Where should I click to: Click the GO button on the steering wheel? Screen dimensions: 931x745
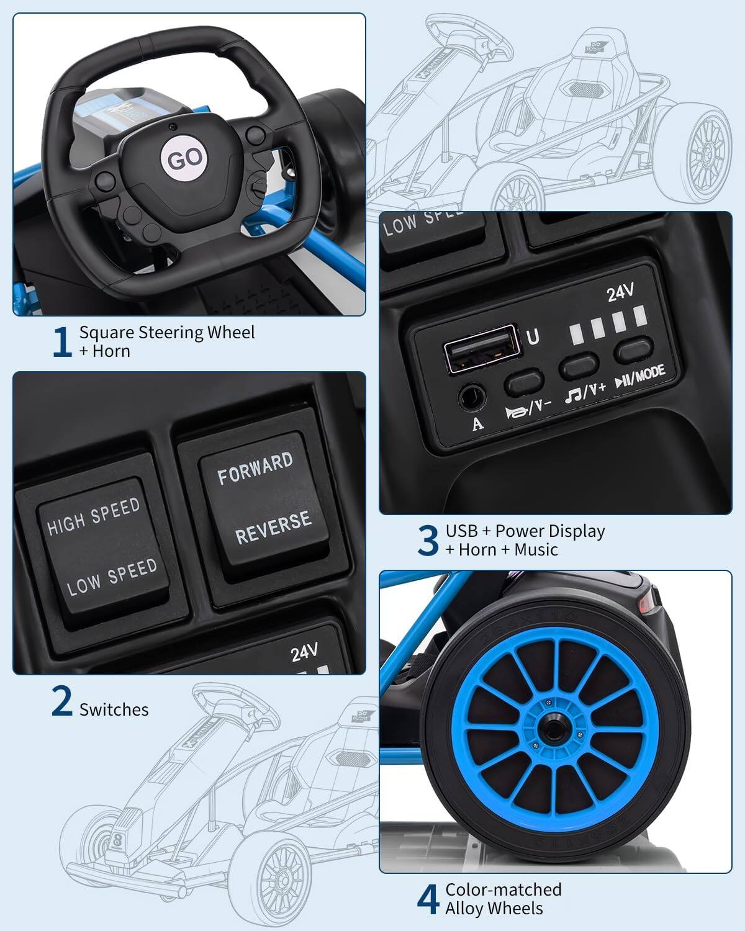pos(184,160)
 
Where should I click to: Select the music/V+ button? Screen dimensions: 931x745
pos(579,366)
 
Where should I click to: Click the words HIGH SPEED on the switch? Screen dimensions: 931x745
pos(94,517)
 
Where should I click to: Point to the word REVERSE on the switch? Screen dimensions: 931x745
pos(273,528)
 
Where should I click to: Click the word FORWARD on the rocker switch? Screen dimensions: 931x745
pos(255,469)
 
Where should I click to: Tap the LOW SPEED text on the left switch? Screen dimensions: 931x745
pos(112,577)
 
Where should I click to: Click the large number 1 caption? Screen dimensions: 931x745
pos(61,342)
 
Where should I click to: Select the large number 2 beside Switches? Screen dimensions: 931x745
pos(62,701)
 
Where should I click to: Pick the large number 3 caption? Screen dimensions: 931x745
pos(428,540)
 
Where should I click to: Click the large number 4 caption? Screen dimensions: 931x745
pos(428,900)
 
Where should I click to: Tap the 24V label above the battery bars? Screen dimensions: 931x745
pos(620,292)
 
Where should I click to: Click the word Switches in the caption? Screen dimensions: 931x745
pos(114,709)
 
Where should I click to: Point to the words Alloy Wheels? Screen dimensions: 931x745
pos(494,909)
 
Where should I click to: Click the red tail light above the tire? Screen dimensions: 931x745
pos(646,600)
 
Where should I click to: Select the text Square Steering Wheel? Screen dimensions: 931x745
pos(167,332)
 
